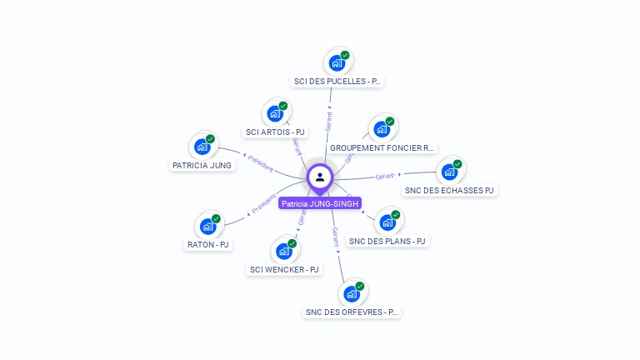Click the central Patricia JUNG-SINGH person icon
[x=320, y=177]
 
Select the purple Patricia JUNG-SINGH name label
[x=320, y=203]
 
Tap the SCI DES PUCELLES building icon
[x=337, y=62]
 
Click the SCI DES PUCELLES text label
[x=337, y=82]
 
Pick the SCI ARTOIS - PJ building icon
[x=275, y=113]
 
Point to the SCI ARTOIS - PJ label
[x=275, y=132]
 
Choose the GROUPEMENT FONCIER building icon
[x=382, y=129]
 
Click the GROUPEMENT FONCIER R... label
[x=382, y=147]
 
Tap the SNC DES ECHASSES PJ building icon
[x=449, y=172]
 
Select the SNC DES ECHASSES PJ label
[x=449, y=190]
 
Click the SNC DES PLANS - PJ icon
[x=387, y=222]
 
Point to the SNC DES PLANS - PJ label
[x=387, y=241]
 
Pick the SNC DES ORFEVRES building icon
[x=352, y=293]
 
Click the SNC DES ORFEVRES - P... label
[x=352, y=312]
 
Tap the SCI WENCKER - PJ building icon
[x=284, y=251]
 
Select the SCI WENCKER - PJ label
[x=284, y=269]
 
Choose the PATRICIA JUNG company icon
[x=202, y=147]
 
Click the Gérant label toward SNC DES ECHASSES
[x=384, y=176]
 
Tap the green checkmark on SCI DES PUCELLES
[x=345, y=55]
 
